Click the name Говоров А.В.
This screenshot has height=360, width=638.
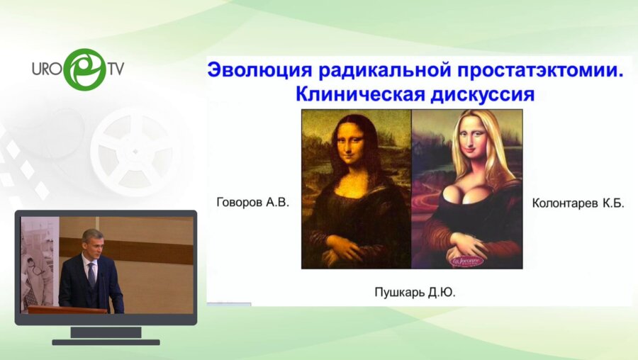click(x=253, y=203)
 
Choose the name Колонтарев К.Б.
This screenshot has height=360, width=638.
click(x=577, y=203)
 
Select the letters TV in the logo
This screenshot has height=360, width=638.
click(x=115, y=69)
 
